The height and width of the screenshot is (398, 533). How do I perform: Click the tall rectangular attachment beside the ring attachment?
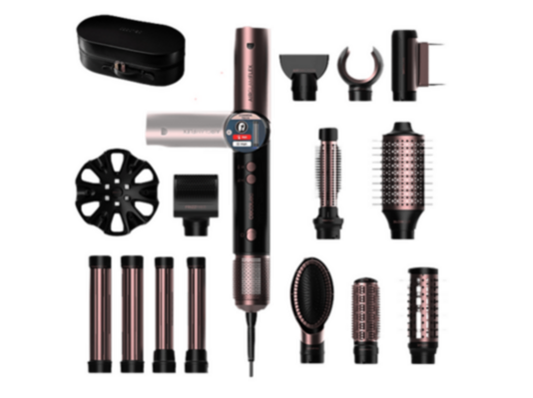point(413,63)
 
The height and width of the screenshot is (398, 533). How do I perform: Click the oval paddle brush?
point(311,295)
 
